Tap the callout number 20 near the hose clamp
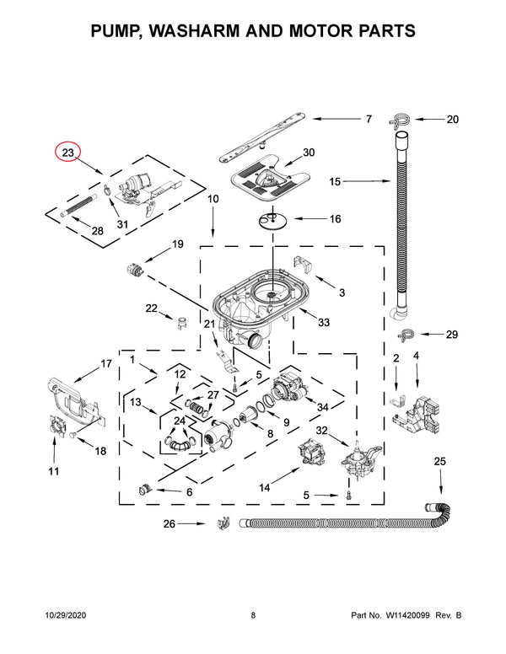453,120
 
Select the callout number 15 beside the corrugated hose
336,180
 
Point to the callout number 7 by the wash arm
369,120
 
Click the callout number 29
452,335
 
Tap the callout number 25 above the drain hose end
439,461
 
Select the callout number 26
170,524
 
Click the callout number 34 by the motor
321,408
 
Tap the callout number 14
264,487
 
